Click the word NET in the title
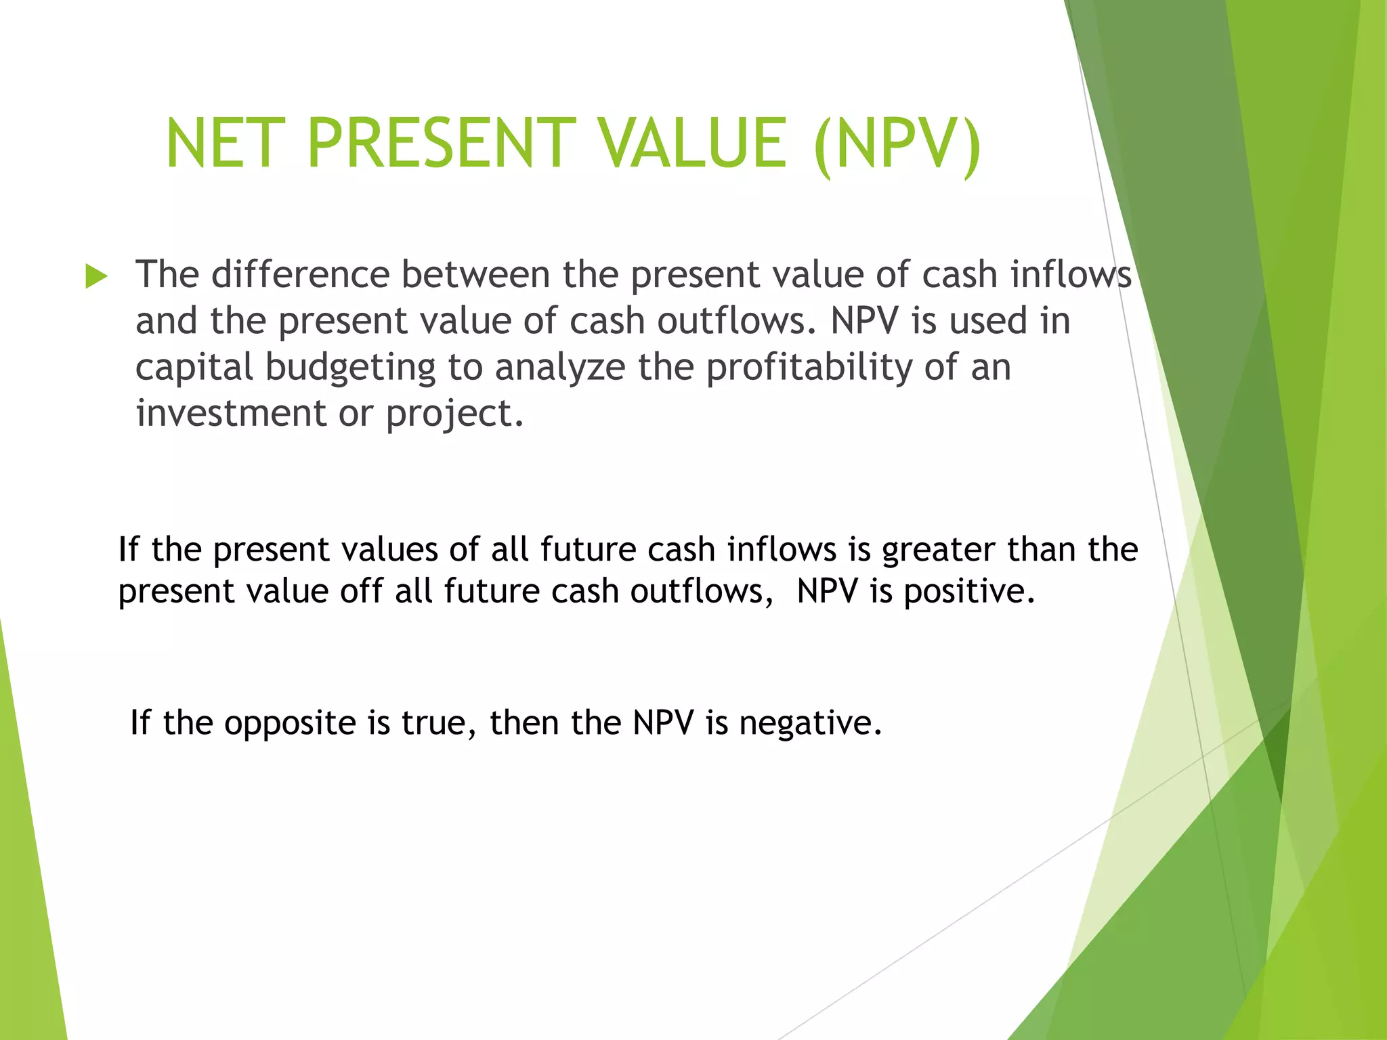coord(221,144)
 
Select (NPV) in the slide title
coord(898,144)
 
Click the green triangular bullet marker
coord(96,277)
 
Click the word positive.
coord(970,592)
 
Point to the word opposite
coord(291,723)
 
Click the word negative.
coord(811,723)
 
